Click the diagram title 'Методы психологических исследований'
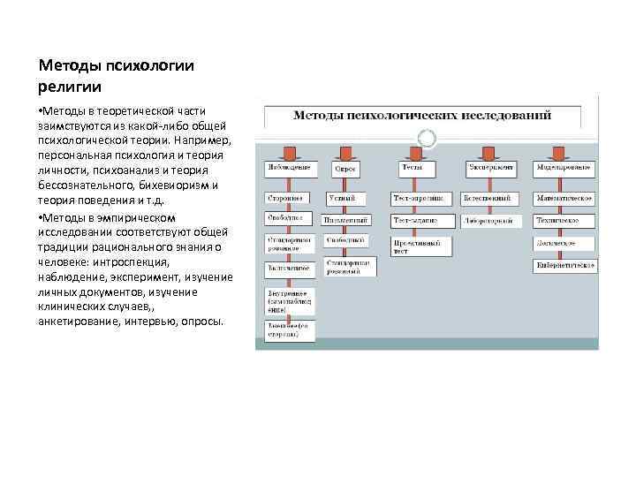421,115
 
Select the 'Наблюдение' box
287,167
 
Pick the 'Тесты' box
412,167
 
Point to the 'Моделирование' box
564,167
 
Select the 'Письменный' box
345,219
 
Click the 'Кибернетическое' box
565,264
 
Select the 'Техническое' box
563,219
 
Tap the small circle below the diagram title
425,137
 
